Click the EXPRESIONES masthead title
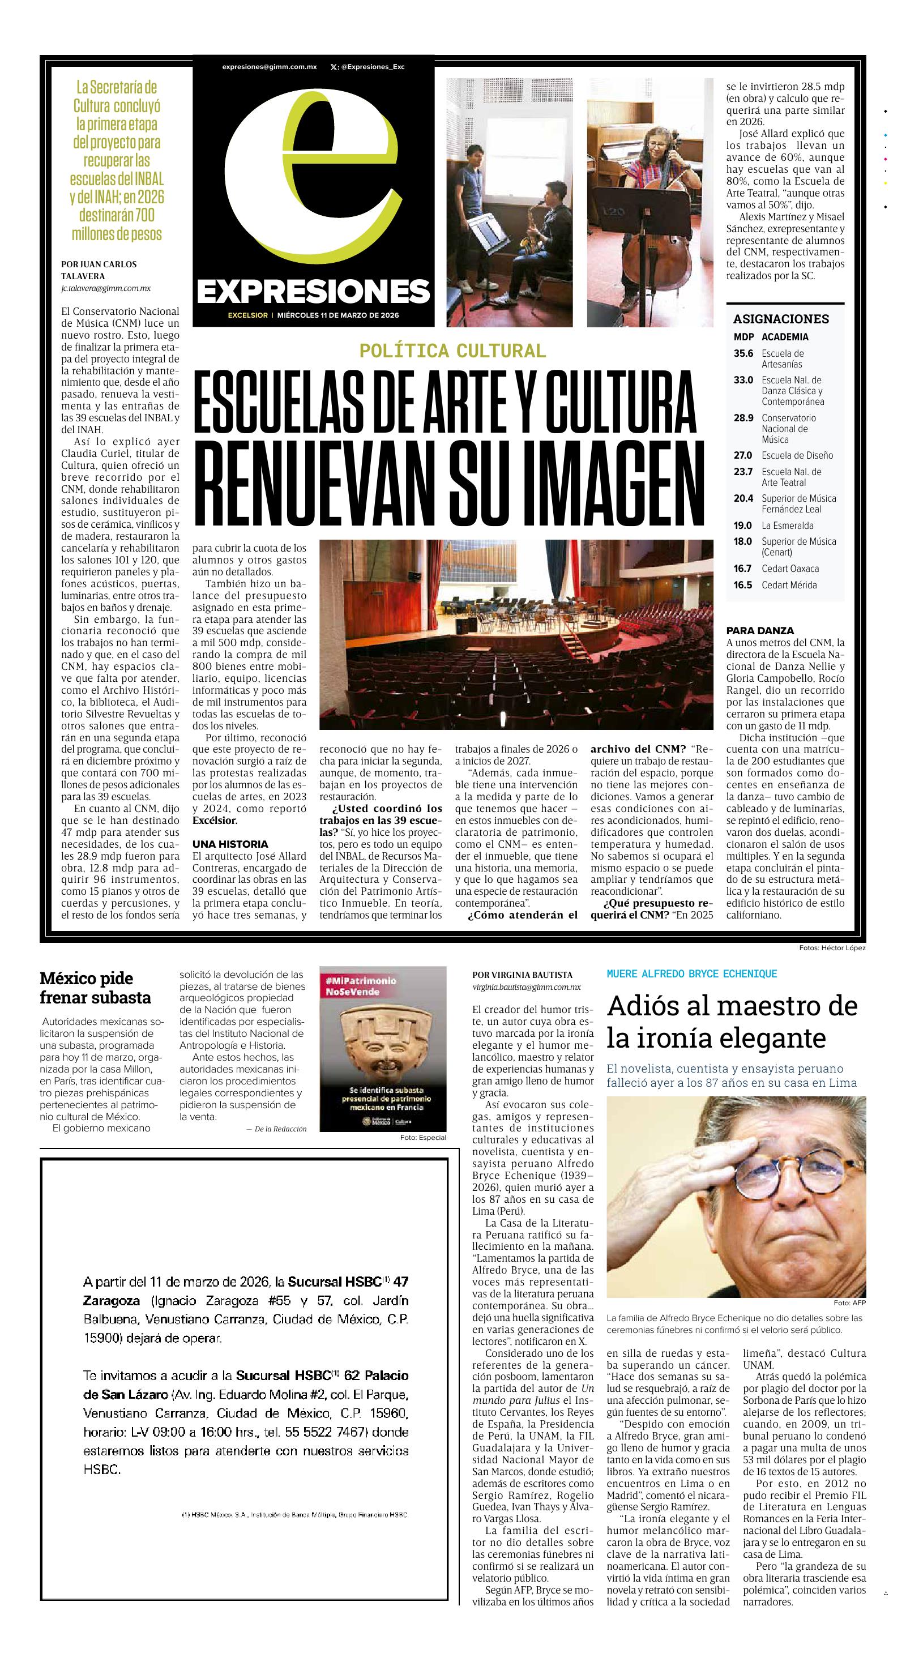click(314, 292)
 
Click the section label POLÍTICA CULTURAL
click(452, 351)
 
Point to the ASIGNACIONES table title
click(780, 319)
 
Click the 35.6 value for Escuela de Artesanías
click(743, 354)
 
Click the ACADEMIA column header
click(784, 337)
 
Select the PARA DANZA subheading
click(760, 631)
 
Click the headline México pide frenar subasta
click(95, 988)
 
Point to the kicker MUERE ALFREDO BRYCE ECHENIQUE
click(691, 974)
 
